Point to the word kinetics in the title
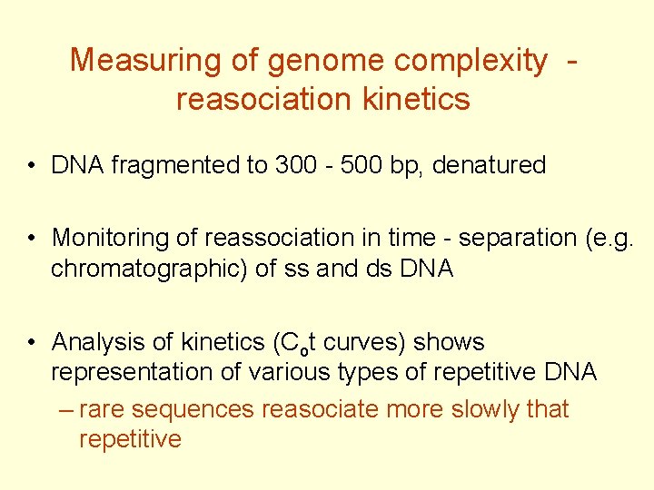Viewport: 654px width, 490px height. click(416, 98)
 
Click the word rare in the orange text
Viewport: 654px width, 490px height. click(98, 409)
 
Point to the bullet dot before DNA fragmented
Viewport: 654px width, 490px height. click(31, 166)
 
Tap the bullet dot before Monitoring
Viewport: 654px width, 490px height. click(31, 239)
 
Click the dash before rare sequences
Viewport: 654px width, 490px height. click(63, 409)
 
